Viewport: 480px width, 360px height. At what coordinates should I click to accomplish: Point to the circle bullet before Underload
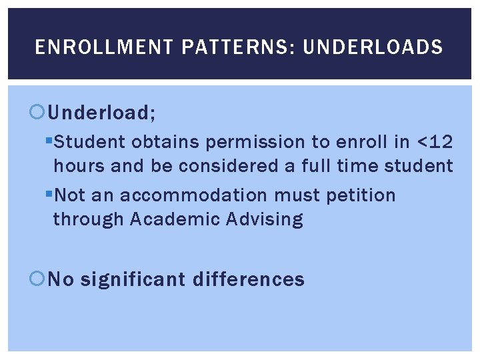[38, 113]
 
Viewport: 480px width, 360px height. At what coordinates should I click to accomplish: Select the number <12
[434, 142]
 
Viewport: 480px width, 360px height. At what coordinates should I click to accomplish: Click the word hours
[79, 165]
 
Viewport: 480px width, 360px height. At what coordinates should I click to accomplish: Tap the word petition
[361, 195]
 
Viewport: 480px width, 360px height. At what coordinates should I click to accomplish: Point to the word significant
[134, 279]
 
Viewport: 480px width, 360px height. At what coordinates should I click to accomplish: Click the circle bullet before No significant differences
[38, 279]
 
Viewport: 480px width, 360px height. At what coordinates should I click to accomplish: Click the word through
[88, 219]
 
